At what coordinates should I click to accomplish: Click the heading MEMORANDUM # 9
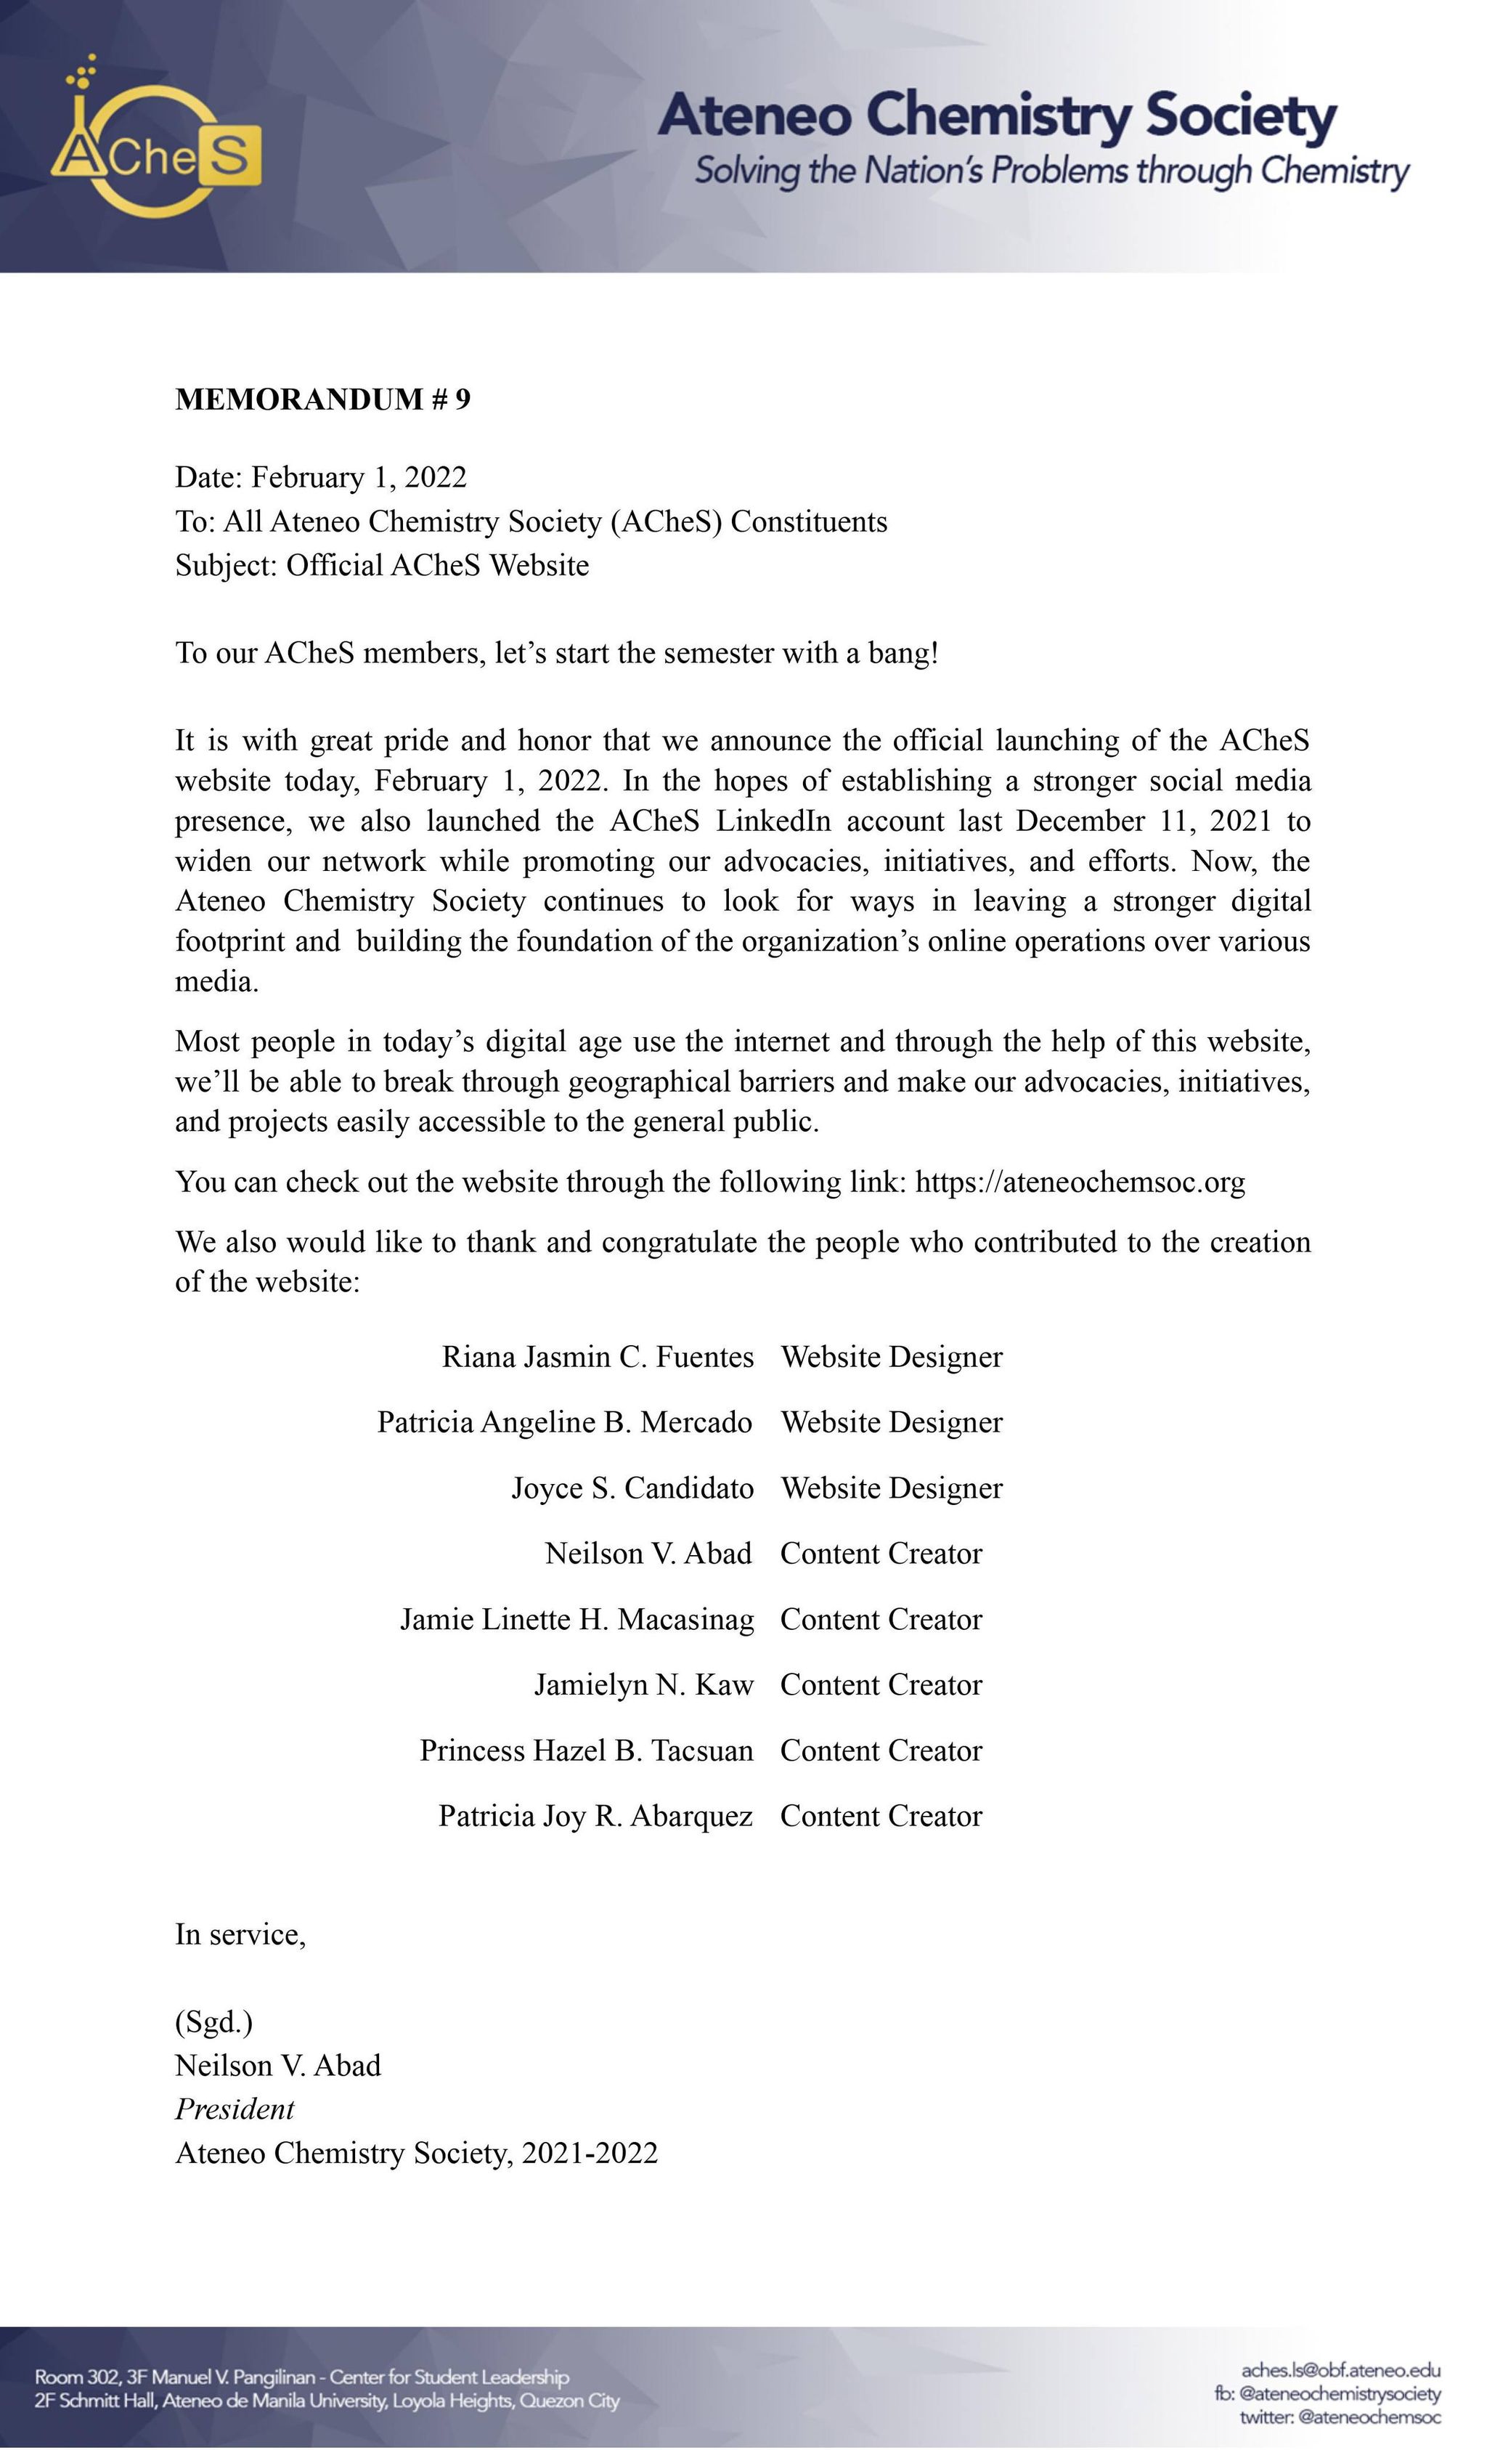pos(323,399)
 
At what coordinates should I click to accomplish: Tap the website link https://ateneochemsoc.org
pos(1080,1183)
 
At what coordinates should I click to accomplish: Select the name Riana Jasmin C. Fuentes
pos(598,1358)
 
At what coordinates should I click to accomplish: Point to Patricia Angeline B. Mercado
pos(565,1423)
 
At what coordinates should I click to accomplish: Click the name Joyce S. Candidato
pos(632,1488)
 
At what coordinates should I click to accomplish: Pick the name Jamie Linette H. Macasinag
pos(577,1620)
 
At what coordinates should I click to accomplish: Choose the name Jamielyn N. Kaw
pos(643,1685)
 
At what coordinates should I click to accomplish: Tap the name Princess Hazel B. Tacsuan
pos(587,1751)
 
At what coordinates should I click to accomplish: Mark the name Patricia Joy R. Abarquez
pos(595,1817)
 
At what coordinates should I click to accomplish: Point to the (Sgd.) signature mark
pos(213,2021)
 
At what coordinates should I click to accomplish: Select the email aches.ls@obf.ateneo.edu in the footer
pos(1341,2370)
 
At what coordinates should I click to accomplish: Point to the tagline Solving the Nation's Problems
pos(1051,171)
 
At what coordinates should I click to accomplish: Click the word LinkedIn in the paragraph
pos(773,822)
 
